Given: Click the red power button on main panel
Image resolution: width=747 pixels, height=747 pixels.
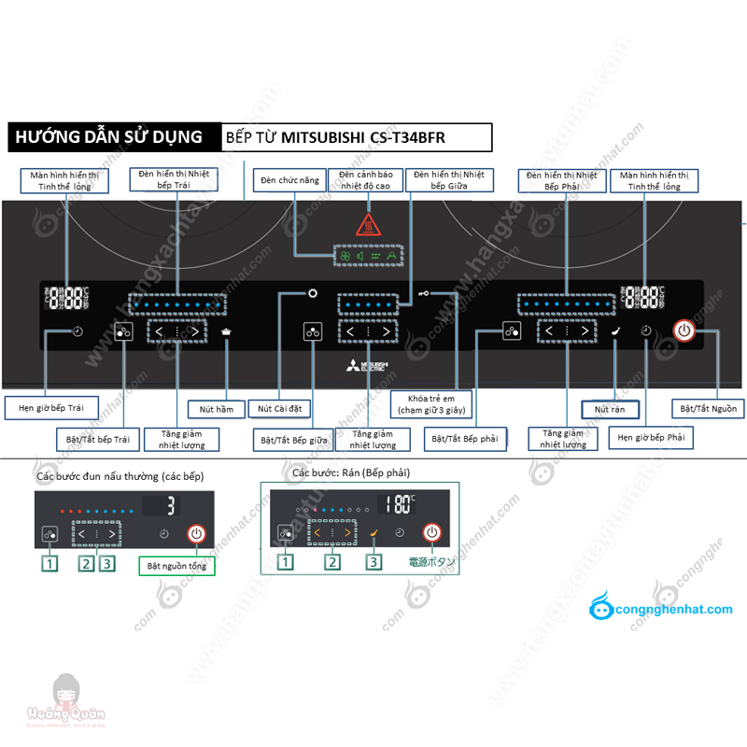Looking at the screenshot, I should click(684, 331).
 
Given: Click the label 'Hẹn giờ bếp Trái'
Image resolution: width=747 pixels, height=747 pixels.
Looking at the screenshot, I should click(58, 408).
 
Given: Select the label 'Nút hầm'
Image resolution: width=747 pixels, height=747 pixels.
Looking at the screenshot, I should click(216, 409).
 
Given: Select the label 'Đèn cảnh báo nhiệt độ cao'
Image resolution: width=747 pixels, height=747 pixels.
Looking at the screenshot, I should click(364, 180).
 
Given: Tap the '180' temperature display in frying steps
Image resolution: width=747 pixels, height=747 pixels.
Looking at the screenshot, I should click(401, 504).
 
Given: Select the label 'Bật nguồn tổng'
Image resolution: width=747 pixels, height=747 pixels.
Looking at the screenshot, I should click(176, 565).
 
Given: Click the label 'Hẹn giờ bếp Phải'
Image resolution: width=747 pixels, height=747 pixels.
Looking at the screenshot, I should click(652, 437).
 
